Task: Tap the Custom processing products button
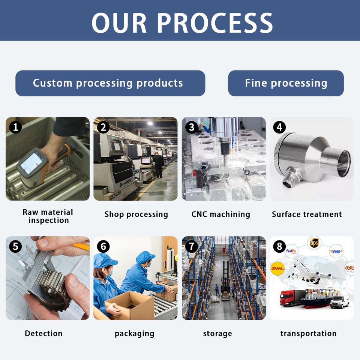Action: tap(110, 83)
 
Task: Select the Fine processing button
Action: tap(286, 83)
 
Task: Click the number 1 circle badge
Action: tap(15, 127)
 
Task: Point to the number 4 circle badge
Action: tap(279, 127)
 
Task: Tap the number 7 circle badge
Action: tap(192, 246)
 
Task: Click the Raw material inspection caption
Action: tap(48, 216)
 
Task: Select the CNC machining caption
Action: tap(220, 214)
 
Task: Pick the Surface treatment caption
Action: tap(307, 214)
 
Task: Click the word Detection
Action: tap(43, 333)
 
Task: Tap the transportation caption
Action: tap(308, 333)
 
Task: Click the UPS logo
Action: tap(314, 243)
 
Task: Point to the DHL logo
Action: tap(277, 268)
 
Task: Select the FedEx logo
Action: tap(291, 251)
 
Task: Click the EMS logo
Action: tap(336, 251)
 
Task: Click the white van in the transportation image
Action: tap(339, 301)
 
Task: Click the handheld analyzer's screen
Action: tap(31, 163)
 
